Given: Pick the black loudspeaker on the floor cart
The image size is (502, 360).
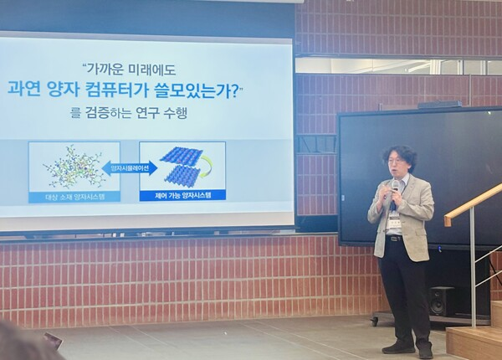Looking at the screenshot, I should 441,301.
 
